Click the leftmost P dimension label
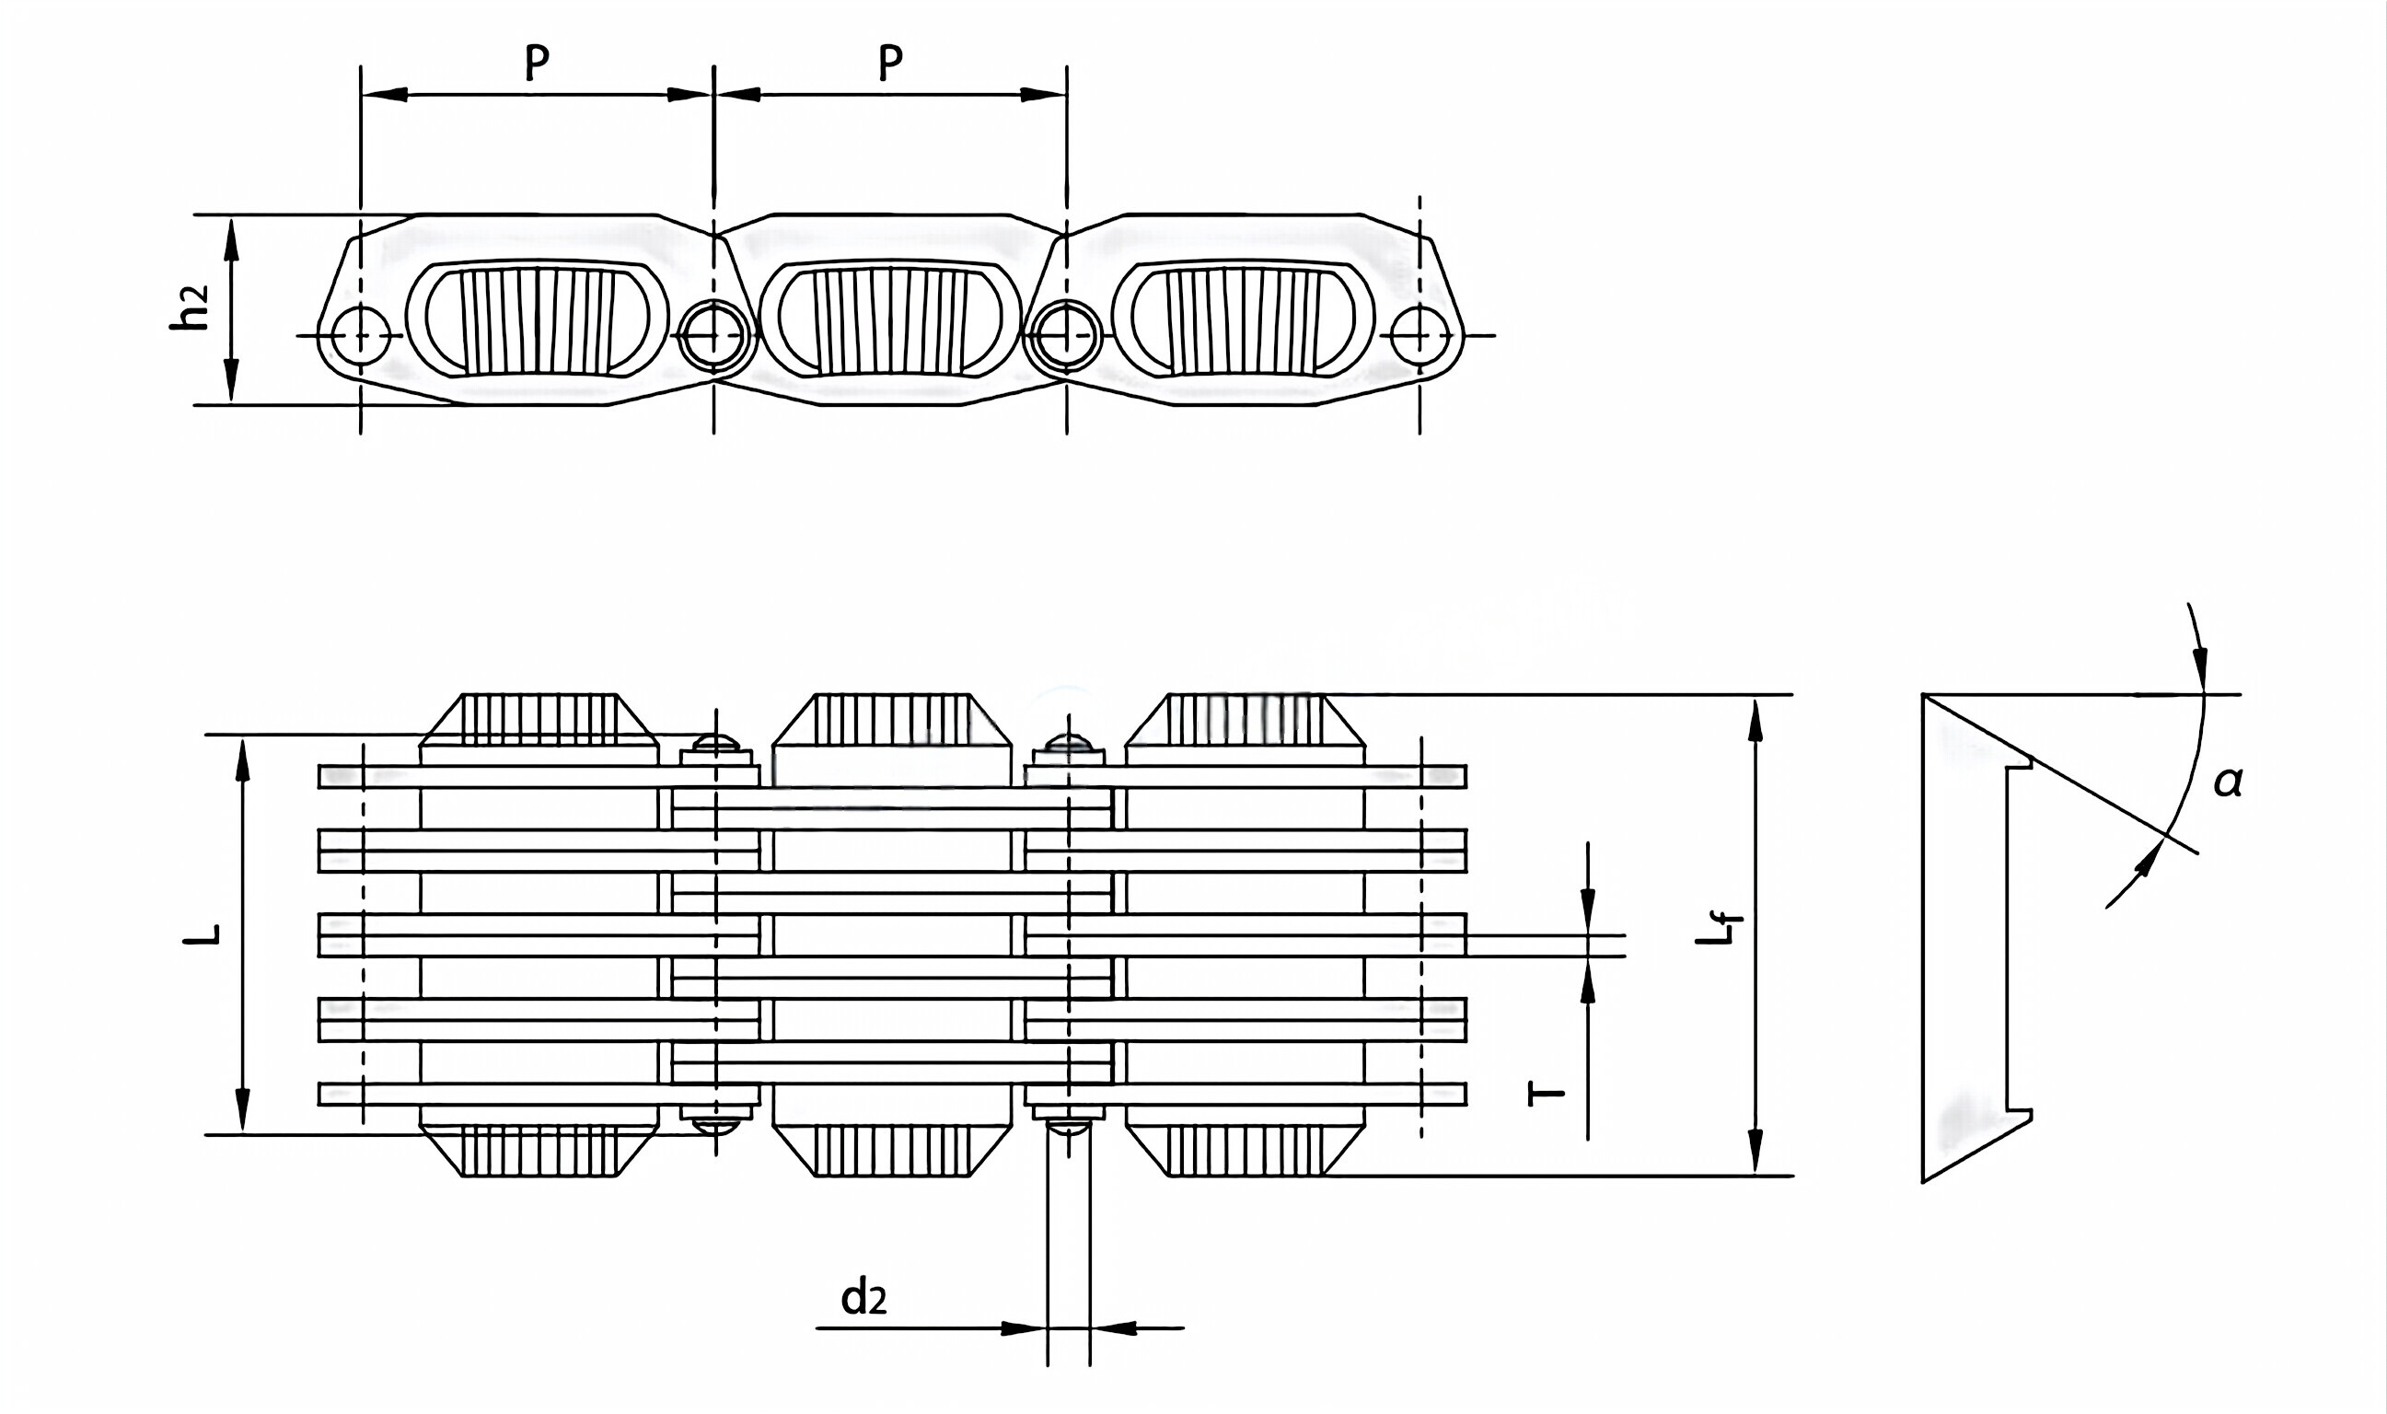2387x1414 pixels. pos(538,62)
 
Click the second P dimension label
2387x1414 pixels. pos(889,62)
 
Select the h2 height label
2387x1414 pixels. pos(189,308)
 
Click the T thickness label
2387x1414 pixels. pos(1545,1092)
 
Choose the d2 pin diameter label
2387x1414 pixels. pos(863,1299)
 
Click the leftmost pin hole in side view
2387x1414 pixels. pos(361,336)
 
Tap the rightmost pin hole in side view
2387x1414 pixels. pos(1419,336)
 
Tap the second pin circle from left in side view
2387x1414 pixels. pos(714,336)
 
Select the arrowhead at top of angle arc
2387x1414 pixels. pos(2199,663)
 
